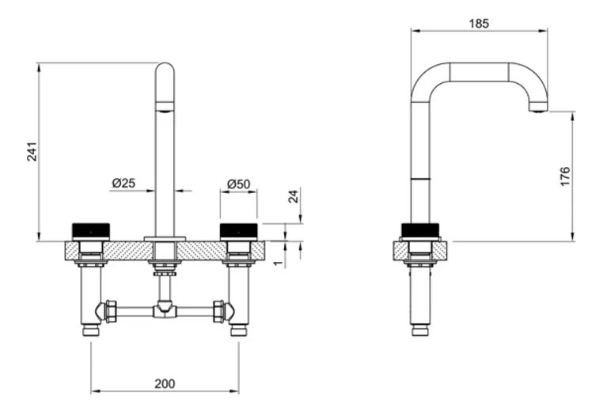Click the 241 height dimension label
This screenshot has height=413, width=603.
pyautogui.click(x=32, y=151)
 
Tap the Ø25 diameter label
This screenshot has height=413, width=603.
pyautogui.click(x=123, y=183)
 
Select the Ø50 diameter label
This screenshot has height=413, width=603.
pyautogui.click(x=238, y=184)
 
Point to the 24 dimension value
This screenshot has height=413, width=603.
pyautogui.click(x=294, y=196)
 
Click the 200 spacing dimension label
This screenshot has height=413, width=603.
pyautogui.click(x=165, y=384)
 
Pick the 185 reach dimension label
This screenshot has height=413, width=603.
pyautogui.click(x=479, y=24)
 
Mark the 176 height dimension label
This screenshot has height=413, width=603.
pyautogui.click(x=565, y=176)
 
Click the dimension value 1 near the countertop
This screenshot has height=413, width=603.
pyautogui.click(x=279, y=263)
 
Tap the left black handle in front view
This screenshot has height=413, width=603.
pyautogui.click(x=91, y=231)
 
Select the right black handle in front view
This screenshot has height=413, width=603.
pyautogui.click(x=238, y=231)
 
